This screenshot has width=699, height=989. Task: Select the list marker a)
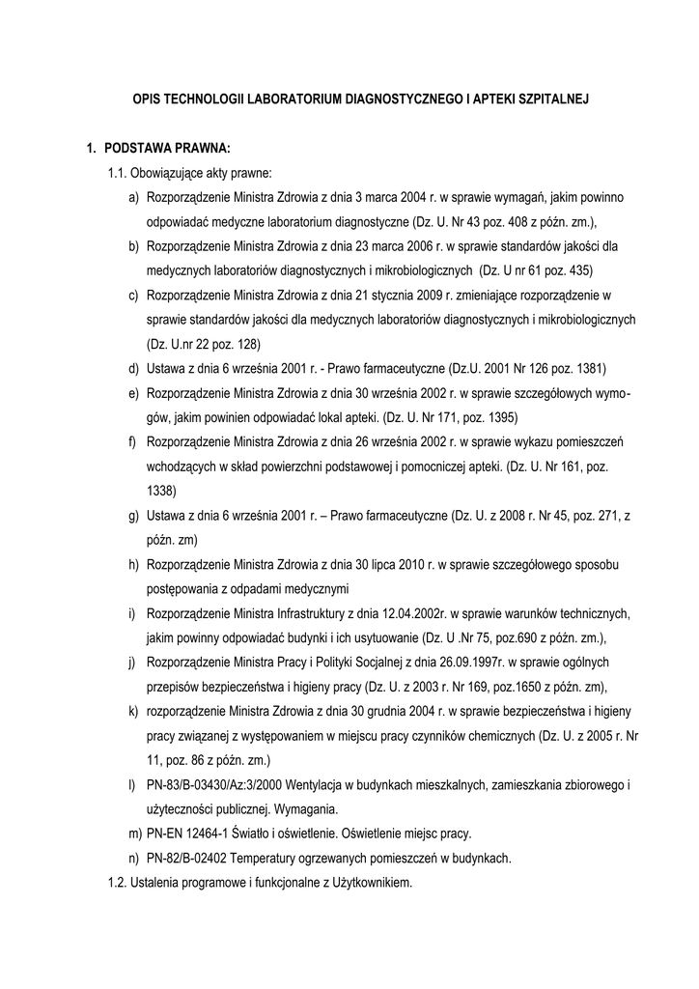coord(132,197)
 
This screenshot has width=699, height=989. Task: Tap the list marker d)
coord(132,369)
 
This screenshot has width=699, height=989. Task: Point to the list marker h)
coord(132,564)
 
